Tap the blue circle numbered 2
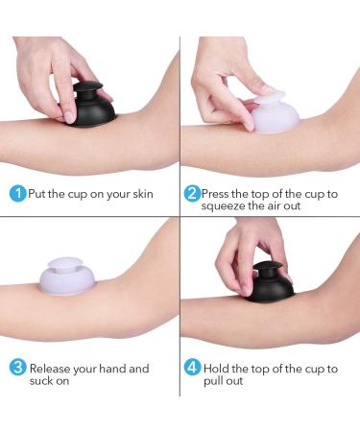[x=192, y=193]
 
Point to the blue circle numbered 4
[x=192, y=369]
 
